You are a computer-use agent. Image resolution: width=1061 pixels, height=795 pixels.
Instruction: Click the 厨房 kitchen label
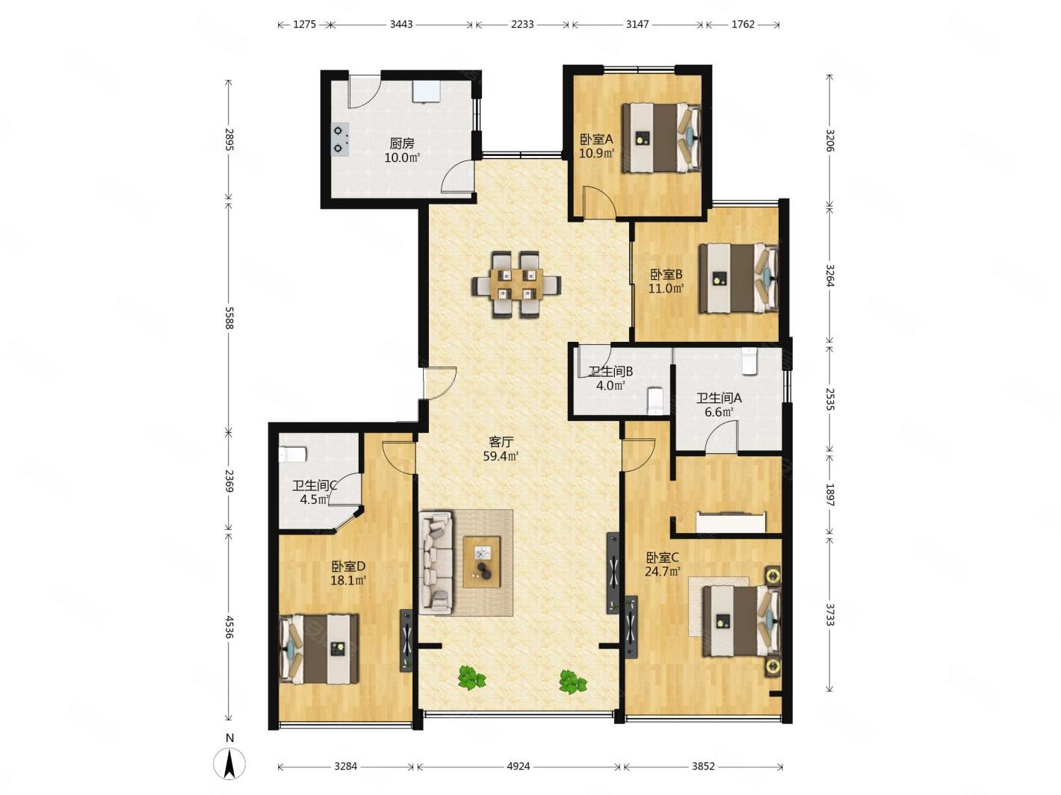(402, 143)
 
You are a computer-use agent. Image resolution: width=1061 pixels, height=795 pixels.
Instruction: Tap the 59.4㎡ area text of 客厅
(501, 456)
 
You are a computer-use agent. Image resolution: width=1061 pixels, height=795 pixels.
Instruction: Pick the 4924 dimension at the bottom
(519, 767)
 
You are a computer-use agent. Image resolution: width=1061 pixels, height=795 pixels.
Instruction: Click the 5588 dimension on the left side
(229, 318)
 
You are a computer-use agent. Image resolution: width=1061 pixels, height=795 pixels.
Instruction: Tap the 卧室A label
(596, 140)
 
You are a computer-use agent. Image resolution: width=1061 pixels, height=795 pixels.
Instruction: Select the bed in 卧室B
(738, 278)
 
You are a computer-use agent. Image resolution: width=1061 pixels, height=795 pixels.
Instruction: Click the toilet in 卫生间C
(293, 454)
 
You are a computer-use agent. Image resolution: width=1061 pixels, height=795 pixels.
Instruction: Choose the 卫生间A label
(718, 398)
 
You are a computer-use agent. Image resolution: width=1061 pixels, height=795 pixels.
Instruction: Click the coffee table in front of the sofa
(482, 562)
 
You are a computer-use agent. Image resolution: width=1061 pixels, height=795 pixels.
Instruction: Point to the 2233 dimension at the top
(522, 24)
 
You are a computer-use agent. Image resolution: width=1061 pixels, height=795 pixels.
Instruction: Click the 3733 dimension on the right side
(829, 615)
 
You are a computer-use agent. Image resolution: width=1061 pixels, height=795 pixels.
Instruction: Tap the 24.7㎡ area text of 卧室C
(663, 572)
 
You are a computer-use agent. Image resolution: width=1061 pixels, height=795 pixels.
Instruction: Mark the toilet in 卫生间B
(654, 401)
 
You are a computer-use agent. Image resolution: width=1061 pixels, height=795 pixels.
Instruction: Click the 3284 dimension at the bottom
(346, 767)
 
